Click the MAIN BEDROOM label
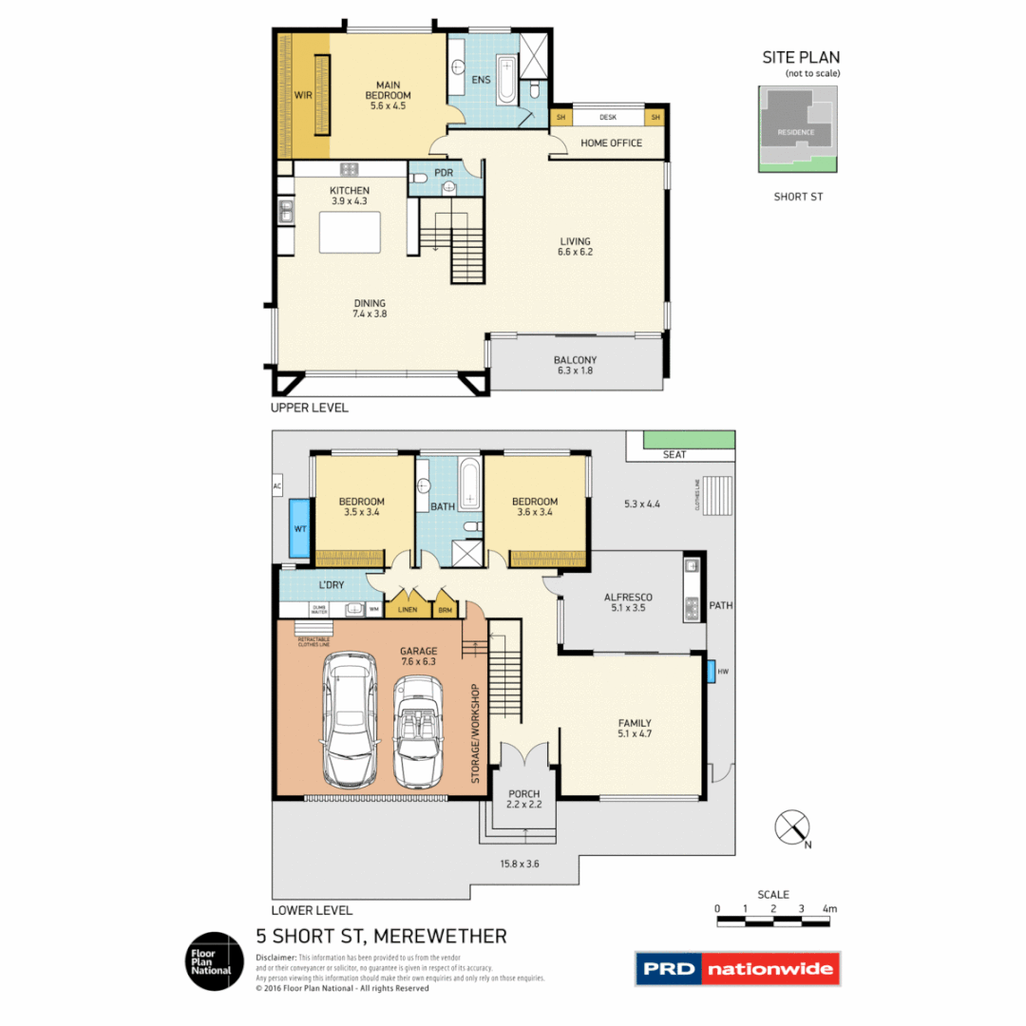(x=388, y=89)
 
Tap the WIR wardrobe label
(x=303, y=95)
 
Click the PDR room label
(x=443, y=173)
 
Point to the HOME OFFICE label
(x=611, y=143)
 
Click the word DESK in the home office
(x=608, y=118)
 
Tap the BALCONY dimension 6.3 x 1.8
(x=574, y=371)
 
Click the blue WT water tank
(x=298, y=528)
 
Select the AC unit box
(x=277, y=485)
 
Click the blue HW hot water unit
(x=712, y=671)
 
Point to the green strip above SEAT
(x=689, y=439)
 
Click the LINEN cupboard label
(x=408, y=609)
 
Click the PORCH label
(x=523, y=793)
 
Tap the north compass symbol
(x=791, y=828)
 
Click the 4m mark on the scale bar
(x=830, y=910)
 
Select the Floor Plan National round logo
(x=214, y=960)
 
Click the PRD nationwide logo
(x=737, y=970)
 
